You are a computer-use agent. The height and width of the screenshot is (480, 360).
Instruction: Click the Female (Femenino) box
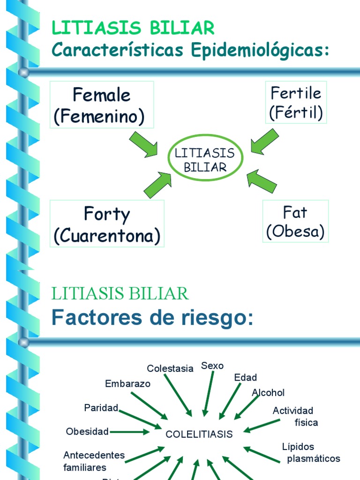(102, 105)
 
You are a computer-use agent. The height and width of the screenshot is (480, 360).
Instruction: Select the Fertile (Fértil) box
(296, 103)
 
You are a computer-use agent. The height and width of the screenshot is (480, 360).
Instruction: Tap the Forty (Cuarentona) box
(107, 224)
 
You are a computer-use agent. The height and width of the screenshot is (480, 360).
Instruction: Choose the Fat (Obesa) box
(295, 221)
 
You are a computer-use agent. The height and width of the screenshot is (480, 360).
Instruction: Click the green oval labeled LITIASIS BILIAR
(205, 159)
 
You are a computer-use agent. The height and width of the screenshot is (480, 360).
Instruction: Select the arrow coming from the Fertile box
(265, 141)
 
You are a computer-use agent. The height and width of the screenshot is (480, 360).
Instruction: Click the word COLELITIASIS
(199, 434)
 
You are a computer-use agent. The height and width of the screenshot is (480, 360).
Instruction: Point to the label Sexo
(212, 366)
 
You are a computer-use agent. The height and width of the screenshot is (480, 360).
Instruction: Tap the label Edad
(246, 377)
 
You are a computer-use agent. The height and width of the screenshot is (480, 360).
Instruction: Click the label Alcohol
(268, 392)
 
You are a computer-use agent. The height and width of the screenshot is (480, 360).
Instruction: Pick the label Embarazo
(128, 383)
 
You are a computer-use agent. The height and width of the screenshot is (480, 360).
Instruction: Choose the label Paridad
(101, 407)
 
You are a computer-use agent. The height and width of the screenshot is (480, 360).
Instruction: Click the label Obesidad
(88, 431)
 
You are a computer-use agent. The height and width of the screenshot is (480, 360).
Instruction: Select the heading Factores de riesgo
(152, 318)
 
